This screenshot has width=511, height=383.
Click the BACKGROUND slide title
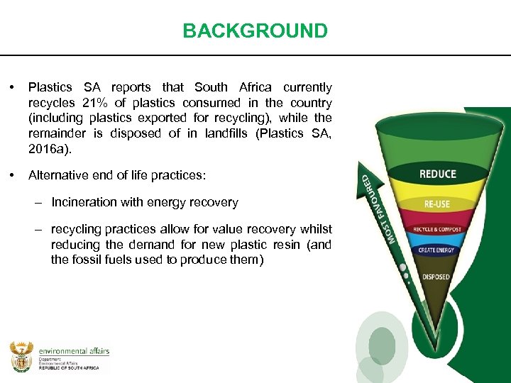255,31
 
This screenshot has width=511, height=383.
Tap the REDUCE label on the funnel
438,174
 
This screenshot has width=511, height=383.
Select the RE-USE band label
436,204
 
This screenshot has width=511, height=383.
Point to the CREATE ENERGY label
436,250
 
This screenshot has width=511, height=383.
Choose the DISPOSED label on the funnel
436,277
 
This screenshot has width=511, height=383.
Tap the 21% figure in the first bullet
93,103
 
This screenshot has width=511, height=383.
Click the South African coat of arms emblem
21,356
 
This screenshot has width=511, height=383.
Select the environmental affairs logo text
74,351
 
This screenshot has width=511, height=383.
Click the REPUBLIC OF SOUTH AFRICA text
69,370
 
